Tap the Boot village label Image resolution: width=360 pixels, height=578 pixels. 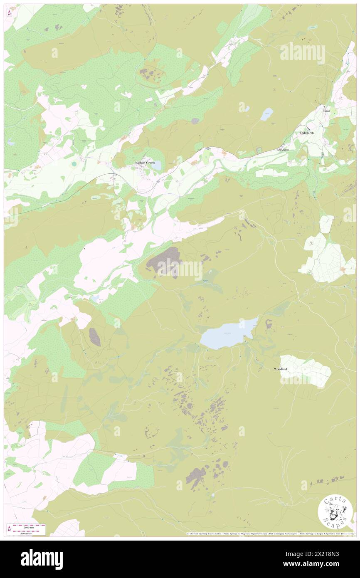327,111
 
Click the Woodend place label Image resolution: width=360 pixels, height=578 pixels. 281,369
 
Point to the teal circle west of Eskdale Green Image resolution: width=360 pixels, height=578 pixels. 74,164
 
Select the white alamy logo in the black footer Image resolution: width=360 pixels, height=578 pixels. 42,559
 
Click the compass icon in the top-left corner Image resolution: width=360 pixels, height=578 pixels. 10,13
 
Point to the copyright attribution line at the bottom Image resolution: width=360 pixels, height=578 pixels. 270,534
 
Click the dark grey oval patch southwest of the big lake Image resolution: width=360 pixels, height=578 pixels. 95,337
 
